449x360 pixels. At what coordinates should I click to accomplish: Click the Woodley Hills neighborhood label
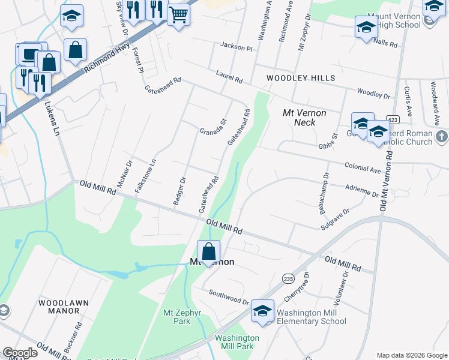point(301,79)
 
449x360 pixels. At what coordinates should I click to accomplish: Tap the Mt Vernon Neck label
point(304,118)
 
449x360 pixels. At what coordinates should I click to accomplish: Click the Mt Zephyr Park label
point(176,317)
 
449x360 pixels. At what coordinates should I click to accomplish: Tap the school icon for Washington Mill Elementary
point(262,311)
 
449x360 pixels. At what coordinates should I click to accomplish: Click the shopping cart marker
point(178,14)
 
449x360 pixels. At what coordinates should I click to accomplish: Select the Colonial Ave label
point(363,167)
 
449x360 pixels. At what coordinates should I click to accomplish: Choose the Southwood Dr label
point(229,296)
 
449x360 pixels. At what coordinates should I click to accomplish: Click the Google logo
point(20,353)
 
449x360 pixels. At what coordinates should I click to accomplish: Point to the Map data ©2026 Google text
point(412,355)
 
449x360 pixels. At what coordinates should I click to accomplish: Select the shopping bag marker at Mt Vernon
point(208,251)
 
